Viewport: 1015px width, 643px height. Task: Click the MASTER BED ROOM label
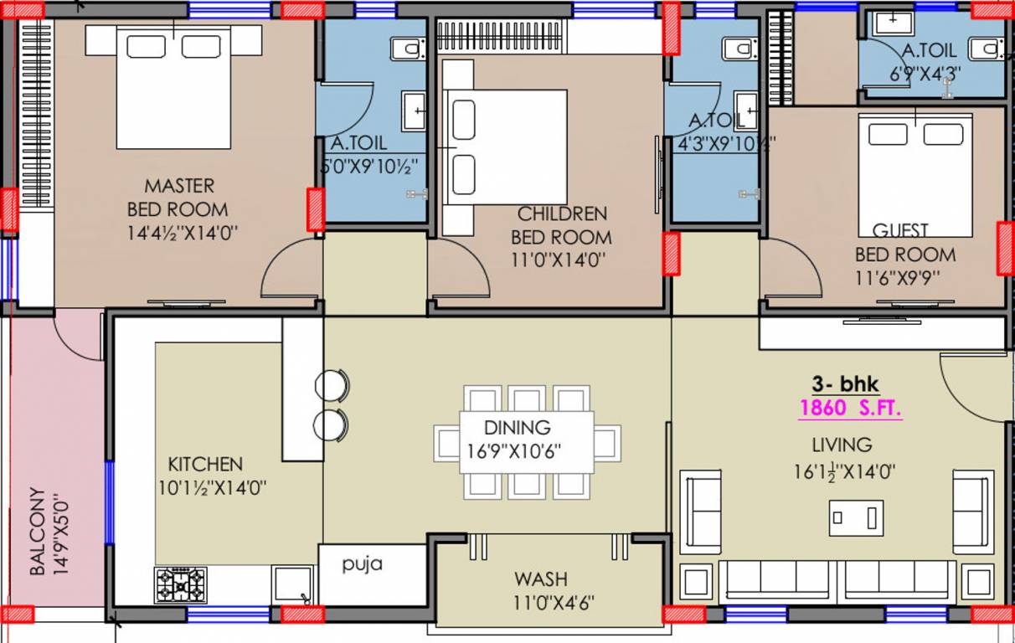point(178,197)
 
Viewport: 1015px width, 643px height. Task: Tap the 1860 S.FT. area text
point(851,409)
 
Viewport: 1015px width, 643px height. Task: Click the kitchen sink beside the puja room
point(293,583)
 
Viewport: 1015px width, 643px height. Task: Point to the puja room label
point(363,563)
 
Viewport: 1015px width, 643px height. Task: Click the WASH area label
point(540,579)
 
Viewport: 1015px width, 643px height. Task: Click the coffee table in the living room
point(856,517)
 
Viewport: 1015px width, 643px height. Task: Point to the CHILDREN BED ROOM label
point(561,225)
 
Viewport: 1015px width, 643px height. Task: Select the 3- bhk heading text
point(845,384)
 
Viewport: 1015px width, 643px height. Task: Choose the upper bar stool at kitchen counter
point(332,385)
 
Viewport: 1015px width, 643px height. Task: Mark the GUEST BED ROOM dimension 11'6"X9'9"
point(905,278)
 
